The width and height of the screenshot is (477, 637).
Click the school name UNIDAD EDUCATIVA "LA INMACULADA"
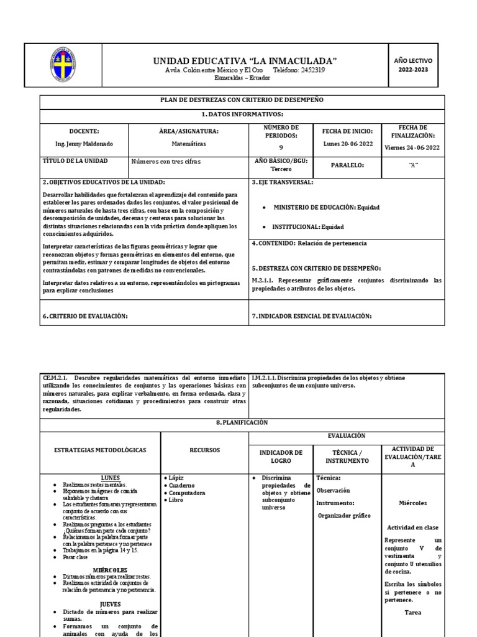click(245, 60)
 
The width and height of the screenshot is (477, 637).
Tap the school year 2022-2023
click(412, 70)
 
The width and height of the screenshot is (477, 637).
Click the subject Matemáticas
click(188, 144)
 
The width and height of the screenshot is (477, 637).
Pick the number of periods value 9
click(281, 147)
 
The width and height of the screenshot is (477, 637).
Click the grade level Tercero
click(281, 169)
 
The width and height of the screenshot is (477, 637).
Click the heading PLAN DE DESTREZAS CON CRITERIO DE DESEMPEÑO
click(242, 100)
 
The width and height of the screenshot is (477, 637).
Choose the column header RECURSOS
click(204, 450)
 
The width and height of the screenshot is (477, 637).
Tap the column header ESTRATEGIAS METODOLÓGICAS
click(100, 450)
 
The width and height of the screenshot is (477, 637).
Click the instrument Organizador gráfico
click(343, 516)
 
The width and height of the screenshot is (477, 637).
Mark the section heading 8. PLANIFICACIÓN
click(242, 422)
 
